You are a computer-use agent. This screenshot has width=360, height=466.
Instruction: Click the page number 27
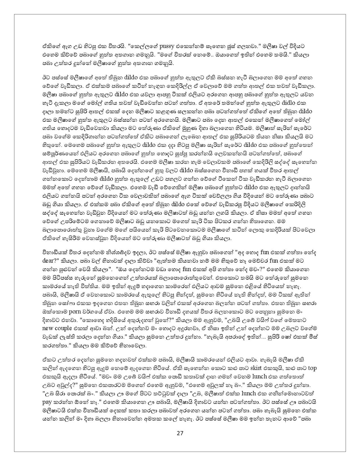tap(180, 433)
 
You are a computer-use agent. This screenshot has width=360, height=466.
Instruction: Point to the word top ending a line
tap(312, 368)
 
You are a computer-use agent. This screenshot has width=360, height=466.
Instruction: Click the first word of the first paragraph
tap(48, 46)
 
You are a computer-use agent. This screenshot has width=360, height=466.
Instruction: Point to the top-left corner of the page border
tap(14, 14)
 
